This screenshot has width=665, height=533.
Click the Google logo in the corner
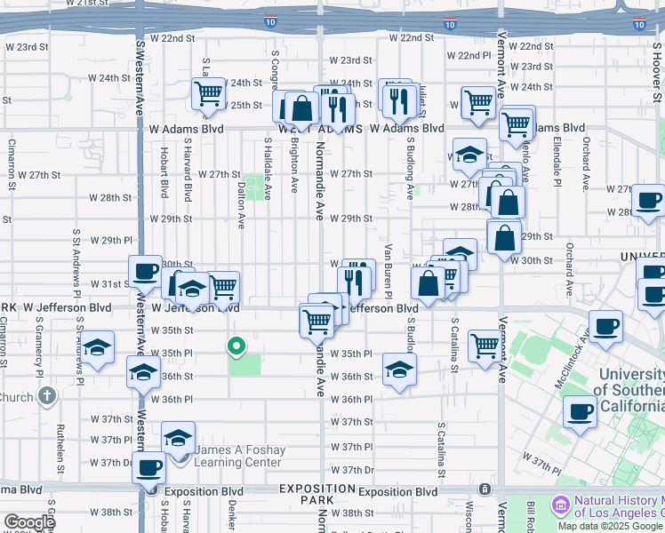coord(28,522)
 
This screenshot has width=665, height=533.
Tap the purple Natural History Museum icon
coord(560,505)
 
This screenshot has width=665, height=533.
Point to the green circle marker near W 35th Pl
coord(236,346)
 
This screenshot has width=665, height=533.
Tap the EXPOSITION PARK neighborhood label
coord(318,495)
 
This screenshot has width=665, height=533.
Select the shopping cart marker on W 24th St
coord(209,94)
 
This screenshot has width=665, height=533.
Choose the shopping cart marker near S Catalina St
coord(485,346)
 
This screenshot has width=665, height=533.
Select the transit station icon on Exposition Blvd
coord(485,489)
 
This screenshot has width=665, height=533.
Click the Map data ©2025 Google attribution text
coord(611,526)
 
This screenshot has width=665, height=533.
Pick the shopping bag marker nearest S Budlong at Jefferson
coord(428,283)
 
